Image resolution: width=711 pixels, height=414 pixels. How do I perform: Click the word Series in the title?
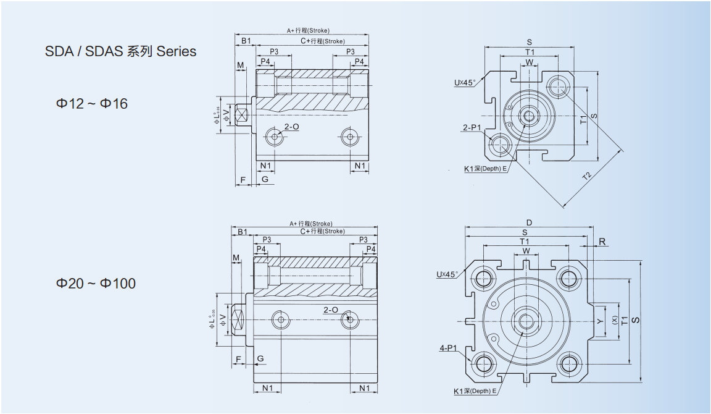click(x=177, y=51)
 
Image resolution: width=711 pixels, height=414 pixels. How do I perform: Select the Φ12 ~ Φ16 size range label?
click(x=92, y=104)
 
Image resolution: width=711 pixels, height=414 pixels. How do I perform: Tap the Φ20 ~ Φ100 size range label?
click(x=96, y=284)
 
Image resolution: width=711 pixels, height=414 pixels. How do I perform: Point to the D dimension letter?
click(x=529, y=223)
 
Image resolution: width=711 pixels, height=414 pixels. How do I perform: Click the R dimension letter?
click(x=602, y=242)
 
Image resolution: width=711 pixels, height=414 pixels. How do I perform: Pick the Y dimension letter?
click(x=599, y=321)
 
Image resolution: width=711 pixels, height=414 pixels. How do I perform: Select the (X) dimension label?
click(x=614, y=320)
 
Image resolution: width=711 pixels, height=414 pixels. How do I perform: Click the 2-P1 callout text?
click(x=472, y=128)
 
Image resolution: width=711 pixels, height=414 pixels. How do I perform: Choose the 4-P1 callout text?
click(x=448, y=349)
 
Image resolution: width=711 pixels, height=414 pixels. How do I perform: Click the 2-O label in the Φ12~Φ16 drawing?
click(x=291, y=127)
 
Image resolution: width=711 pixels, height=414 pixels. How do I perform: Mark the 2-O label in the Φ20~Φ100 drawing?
click(x=330, y=310)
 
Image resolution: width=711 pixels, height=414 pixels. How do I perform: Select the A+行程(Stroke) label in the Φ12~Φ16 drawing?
click(x=308, y=30)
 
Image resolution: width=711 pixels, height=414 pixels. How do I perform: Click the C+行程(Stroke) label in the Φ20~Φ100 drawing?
click(x=322, y=231)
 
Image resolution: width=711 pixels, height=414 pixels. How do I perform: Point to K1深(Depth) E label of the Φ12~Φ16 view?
click(x=486, y=168)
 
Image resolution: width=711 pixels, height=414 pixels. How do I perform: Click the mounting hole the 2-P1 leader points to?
click(x=499, y=145)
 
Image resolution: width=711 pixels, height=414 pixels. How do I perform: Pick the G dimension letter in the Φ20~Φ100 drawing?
click(x=260, y=358)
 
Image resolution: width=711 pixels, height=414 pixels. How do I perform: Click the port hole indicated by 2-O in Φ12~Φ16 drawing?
click(x=273, y=137)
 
